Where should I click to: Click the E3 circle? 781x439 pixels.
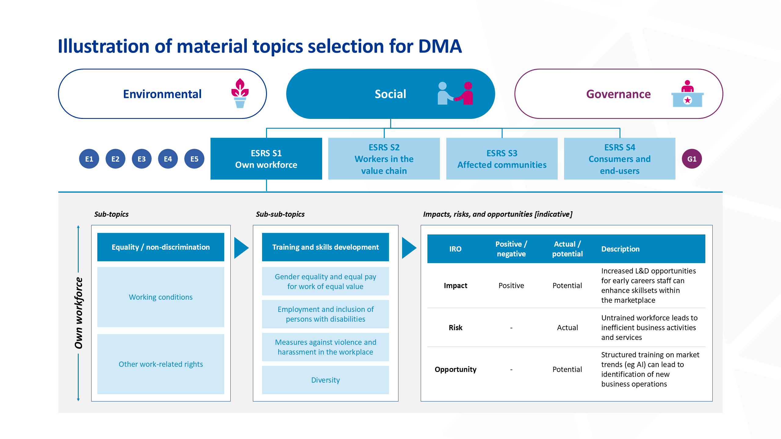142,159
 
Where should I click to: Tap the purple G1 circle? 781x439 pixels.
692,159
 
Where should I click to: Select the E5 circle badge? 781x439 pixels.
194,159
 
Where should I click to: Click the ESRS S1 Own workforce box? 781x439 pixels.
266,159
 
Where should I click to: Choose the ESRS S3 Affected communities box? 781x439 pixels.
502,159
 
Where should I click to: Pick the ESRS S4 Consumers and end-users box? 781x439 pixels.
620,159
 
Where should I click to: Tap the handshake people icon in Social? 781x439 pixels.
455,94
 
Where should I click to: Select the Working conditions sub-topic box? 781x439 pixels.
161,297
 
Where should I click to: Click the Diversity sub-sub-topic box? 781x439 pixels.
326,380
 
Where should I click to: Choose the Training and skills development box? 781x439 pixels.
326,247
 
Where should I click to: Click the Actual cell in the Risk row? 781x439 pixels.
567,327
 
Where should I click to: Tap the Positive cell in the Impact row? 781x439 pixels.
511,285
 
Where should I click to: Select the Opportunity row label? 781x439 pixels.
455,369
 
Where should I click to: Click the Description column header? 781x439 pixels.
620,249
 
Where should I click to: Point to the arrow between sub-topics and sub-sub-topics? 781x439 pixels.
241,248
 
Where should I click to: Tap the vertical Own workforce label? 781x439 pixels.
79,313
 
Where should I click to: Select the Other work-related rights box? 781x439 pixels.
161,364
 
